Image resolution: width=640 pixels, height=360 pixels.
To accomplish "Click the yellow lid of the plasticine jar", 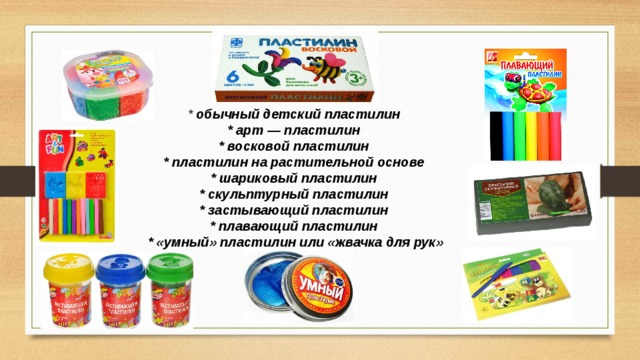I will click(67, 267).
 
